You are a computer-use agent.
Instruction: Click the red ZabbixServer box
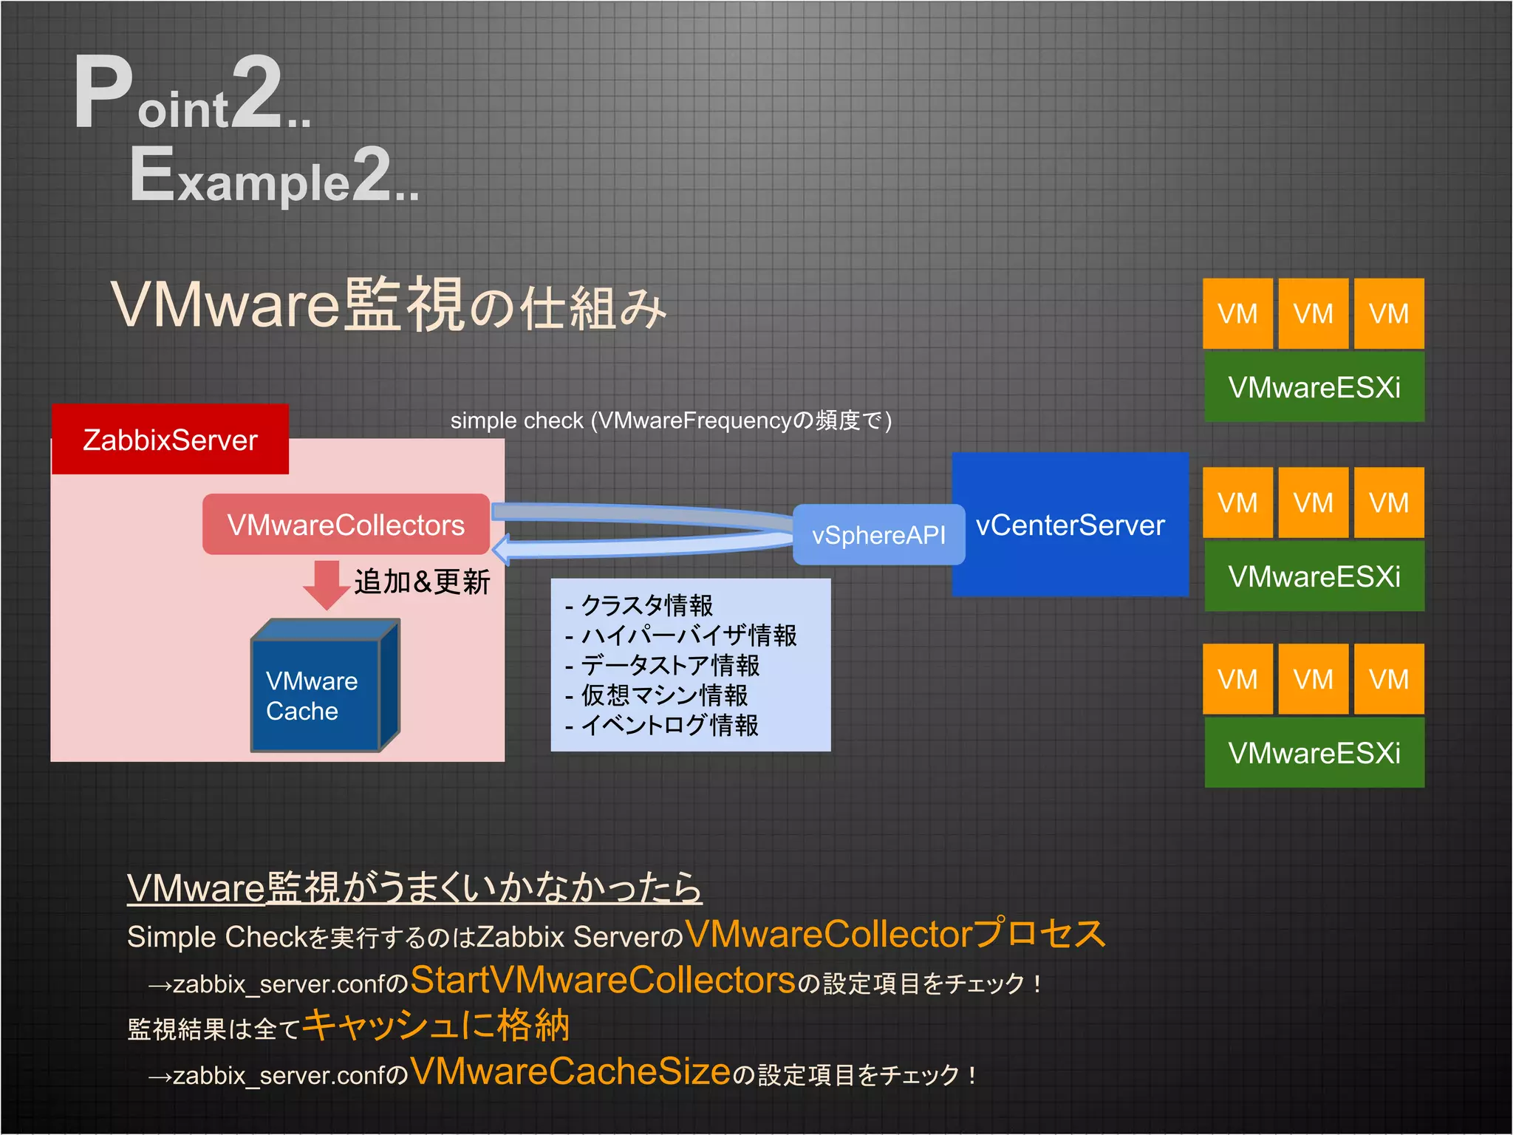[170, 439]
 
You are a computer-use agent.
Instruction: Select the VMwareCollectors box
[346, 525]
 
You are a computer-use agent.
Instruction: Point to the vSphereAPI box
[878, 534]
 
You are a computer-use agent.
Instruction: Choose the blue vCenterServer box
[1070, 525]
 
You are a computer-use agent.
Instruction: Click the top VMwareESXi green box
[1314, 387]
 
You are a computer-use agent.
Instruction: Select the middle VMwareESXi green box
[1314, 576]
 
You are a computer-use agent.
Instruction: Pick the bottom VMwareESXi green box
[1314, 753]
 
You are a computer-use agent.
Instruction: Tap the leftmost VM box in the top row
[1237, 313]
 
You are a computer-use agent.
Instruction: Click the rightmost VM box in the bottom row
[1389, 679]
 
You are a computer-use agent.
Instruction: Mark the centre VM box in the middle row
[1313, 502]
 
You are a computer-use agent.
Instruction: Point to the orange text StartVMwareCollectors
[603, 981]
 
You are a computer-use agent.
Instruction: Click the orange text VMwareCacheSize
[570, 1071]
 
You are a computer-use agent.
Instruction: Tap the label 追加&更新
[422, 582]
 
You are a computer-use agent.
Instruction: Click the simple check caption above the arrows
[671, 420]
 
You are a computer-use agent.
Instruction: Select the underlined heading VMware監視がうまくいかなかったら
[414, 887]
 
